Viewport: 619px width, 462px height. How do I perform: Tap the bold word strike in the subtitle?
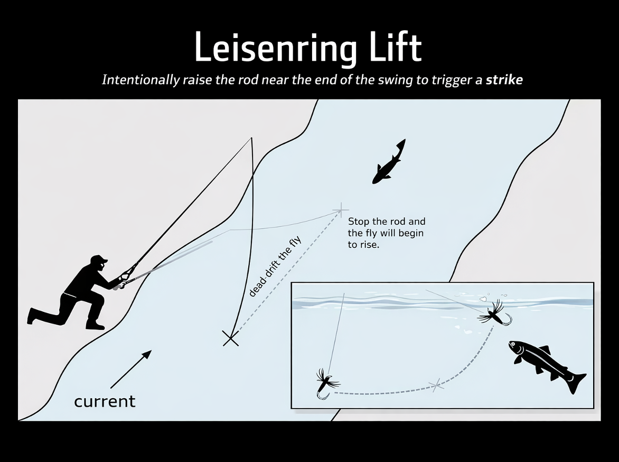click(x=504, y=80)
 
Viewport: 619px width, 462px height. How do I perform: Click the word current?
click(x=105, y=401)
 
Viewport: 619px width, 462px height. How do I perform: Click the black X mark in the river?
click(x=231, y=338)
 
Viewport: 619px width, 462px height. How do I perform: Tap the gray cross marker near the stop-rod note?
click(x=341, y=210)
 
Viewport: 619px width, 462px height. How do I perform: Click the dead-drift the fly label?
click(x=275, y=267)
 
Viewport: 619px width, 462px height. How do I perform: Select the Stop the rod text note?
click(x=386, y=233)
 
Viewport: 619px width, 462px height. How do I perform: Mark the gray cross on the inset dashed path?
click(x=436, y=385)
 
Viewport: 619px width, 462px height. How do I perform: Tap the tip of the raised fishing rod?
click(x=251, y=139)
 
